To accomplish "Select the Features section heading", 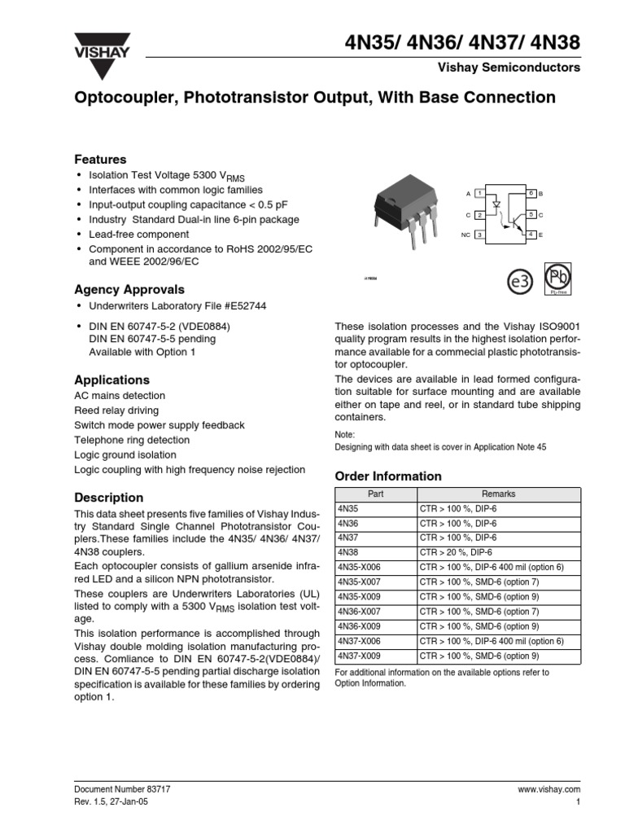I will coord(100,160).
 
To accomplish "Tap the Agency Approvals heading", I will coord(129,289).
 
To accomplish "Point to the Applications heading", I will coord(112,380).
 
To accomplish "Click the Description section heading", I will coord(109,497).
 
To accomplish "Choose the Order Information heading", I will coord(388,476).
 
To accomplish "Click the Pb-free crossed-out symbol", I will coord(558,276).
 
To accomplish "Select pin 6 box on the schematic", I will coord(531,193).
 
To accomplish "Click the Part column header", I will coord(375,494).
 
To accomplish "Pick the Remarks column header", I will coord(498,494).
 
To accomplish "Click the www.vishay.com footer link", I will coord(549,789).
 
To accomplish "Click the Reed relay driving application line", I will coord(116,410).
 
